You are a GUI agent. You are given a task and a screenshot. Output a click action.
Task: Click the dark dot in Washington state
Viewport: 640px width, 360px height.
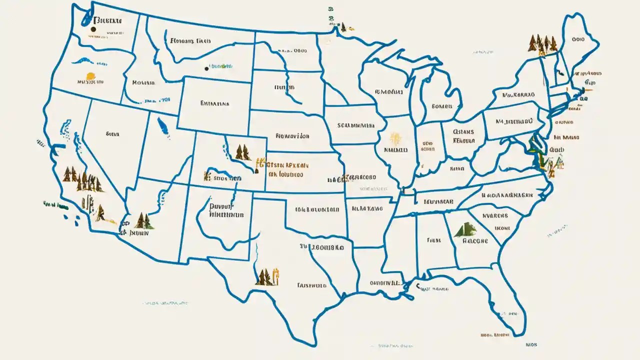pos(93,30)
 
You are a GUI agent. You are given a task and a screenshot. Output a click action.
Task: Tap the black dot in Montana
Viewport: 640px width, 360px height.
pos(206,68)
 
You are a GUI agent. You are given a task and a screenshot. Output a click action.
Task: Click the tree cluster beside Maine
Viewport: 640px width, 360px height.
pos(542,43)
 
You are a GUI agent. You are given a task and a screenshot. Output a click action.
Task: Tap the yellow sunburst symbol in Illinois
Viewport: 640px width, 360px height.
pos(395,139)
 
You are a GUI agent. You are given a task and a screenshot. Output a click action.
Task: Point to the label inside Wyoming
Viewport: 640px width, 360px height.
pos(214,104)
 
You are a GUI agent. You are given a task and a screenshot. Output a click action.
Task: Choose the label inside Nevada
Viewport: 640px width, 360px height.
pos(112,134)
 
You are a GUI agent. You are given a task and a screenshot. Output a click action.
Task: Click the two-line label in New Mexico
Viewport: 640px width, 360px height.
pos(225,210)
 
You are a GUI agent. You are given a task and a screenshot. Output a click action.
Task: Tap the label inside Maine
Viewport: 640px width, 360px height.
pos(578,38)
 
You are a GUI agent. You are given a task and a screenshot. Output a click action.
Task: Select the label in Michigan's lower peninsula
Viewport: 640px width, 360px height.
pos(441,106)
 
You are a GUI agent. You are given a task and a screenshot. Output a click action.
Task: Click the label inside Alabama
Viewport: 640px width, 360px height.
pos(433,240)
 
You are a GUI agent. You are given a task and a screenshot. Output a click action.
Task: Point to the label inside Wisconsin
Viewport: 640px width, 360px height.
pos(388,92)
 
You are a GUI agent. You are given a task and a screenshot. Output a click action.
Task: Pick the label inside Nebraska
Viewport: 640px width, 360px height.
pos(292,135)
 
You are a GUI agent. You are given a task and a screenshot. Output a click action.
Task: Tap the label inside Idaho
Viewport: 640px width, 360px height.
pos(142,83)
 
